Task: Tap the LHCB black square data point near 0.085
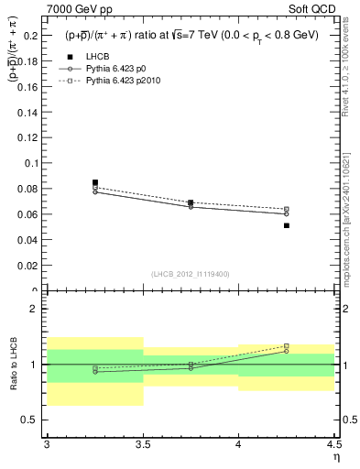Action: tap(95, 182)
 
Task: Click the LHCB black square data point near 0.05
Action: tap(287, 225)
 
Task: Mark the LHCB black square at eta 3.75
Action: tap(191, 202)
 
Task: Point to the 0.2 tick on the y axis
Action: tap(30, 35)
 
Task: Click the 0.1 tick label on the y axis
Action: tap(30, 163)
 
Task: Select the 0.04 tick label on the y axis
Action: tap(27, 240)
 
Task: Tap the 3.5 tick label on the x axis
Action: tap(142, 445)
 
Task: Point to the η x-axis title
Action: tap(335, 457)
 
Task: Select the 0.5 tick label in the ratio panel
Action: tap(30, 420)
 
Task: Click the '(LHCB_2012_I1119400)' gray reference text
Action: tap(190, 274)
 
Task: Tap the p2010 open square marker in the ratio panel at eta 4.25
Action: tap(287, 345)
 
